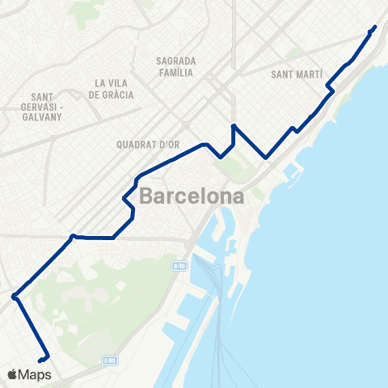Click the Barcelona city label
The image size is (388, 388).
tap(192, 196)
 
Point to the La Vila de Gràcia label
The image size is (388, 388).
tap(113, 89)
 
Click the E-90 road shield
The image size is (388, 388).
tap(179, 265)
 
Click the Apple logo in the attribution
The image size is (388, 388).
tap(12, 374)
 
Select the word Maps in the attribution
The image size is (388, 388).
tap(35, 374)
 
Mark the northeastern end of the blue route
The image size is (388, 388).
tap(375, 27)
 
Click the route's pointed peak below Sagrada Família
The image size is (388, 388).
tap(233, 126)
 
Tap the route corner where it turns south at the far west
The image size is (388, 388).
tap(15, 297)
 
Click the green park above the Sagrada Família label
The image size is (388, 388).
tap(81, 11)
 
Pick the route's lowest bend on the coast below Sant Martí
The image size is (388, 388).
tap(265, 158)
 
